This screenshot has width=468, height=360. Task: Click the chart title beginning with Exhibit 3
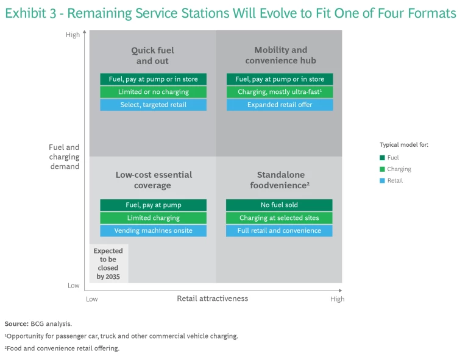230,13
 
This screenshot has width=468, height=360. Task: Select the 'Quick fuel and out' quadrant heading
153,55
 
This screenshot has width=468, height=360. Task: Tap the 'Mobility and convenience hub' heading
280,55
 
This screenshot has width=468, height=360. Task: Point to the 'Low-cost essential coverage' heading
153,180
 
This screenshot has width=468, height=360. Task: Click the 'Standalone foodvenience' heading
280,180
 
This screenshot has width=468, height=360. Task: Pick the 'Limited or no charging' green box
153,92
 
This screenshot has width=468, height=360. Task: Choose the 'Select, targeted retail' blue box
153,105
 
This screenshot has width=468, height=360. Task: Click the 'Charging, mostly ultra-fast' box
280,92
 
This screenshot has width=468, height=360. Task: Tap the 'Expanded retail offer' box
280,105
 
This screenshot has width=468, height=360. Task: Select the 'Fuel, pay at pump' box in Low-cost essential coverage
153,205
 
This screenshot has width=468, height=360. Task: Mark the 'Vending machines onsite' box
153,231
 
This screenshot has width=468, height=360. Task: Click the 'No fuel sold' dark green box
279,205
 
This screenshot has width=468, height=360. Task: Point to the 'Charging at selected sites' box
279,218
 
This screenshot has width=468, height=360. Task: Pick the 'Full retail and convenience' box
279,231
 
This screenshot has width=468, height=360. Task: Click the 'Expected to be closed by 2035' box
108,264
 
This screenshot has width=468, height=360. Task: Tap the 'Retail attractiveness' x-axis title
212,298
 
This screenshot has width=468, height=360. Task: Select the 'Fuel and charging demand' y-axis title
65,157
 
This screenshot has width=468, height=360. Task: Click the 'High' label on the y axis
73,35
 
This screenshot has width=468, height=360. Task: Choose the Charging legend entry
399,169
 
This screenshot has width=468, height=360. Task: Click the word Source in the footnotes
16,324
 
